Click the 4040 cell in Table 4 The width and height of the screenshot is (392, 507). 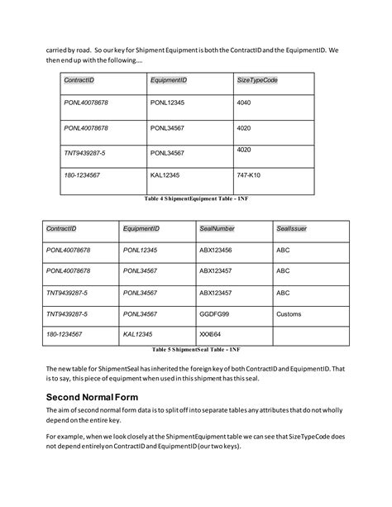point(244,103)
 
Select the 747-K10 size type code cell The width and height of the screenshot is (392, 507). point(248,176)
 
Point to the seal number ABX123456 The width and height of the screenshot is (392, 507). point(215,249)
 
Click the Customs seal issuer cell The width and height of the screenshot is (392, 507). point(289,314)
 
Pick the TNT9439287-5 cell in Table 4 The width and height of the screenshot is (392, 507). point(84,152)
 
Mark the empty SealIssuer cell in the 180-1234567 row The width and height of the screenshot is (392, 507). point(310,336)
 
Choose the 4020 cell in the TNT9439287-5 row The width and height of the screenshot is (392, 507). point(244,150)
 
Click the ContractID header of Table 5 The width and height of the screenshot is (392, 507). point(61,227)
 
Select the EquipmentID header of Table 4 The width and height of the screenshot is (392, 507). point(168,79)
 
